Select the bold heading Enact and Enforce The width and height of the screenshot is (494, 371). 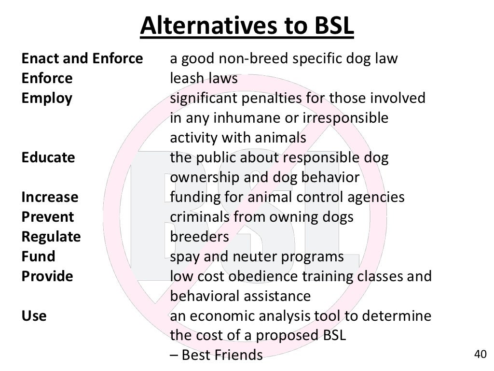(x=82, y=59)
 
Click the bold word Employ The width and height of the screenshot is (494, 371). (x=47, y=99)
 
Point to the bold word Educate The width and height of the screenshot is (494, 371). (x=48, y=157)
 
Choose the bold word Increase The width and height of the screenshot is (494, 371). (x=50, y=197)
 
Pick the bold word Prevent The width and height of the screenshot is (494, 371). (x=48, y=217)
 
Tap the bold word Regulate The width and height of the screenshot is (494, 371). (x=51, y=237)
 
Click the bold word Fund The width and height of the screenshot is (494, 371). (x=38, y=257)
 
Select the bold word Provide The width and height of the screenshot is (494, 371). (x=47, y=276)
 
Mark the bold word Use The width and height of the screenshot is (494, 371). (x=34, y=316)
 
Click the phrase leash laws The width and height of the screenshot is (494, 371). (x=204, y=78)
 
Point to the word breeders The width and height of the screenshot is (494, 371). (x=199, y=237)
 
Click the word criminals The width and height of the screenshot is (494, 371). (x=200, y=217)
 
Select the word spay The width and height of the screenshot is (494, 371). (x=185, y=257)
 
